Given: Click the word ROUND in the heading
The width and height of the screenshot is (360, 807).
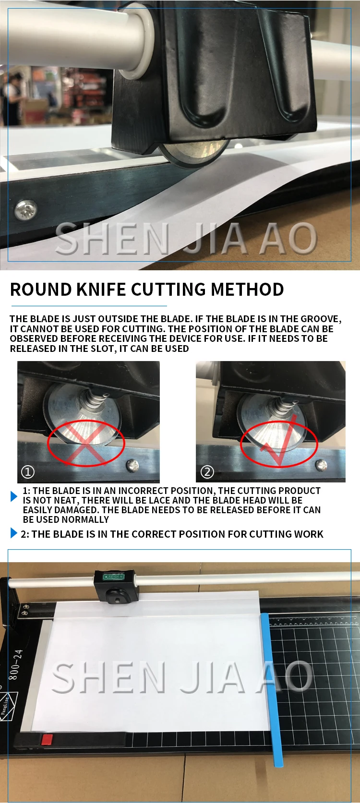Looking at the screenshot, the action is tap(41, 289).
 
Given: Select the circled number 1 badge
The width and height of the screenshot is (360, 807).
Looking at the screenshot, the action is tap(28, 471).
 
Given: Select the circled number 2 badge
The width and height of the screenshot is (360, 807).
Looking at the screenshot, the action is tap(207, 471).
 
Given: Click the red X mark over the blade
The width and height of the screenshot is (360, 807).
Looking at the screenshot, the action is tap(86, 444).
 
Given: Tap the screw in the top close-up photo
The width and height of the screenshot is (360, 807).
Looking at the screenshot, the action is tap(26, 210).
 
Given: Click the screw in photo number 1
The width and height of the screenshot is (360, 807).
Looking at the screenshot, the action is tap(132, 466).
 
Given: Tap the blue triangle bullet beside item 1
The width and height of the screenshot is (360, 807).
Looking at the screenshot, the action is tap(14, 496).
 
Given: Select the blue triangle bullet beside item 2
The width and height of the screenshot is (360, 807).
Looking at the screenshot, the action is tap(14, 533).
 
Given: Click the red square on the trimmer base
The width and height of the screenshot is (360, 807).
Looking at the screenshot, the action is tap(47, 740).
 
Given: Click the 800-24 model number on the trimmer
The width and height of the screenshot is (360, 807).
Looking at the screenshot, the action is tap(15, 665).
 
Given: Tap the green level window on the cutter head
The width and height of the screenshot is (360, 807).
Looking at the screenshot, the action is tap(113, 577).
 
